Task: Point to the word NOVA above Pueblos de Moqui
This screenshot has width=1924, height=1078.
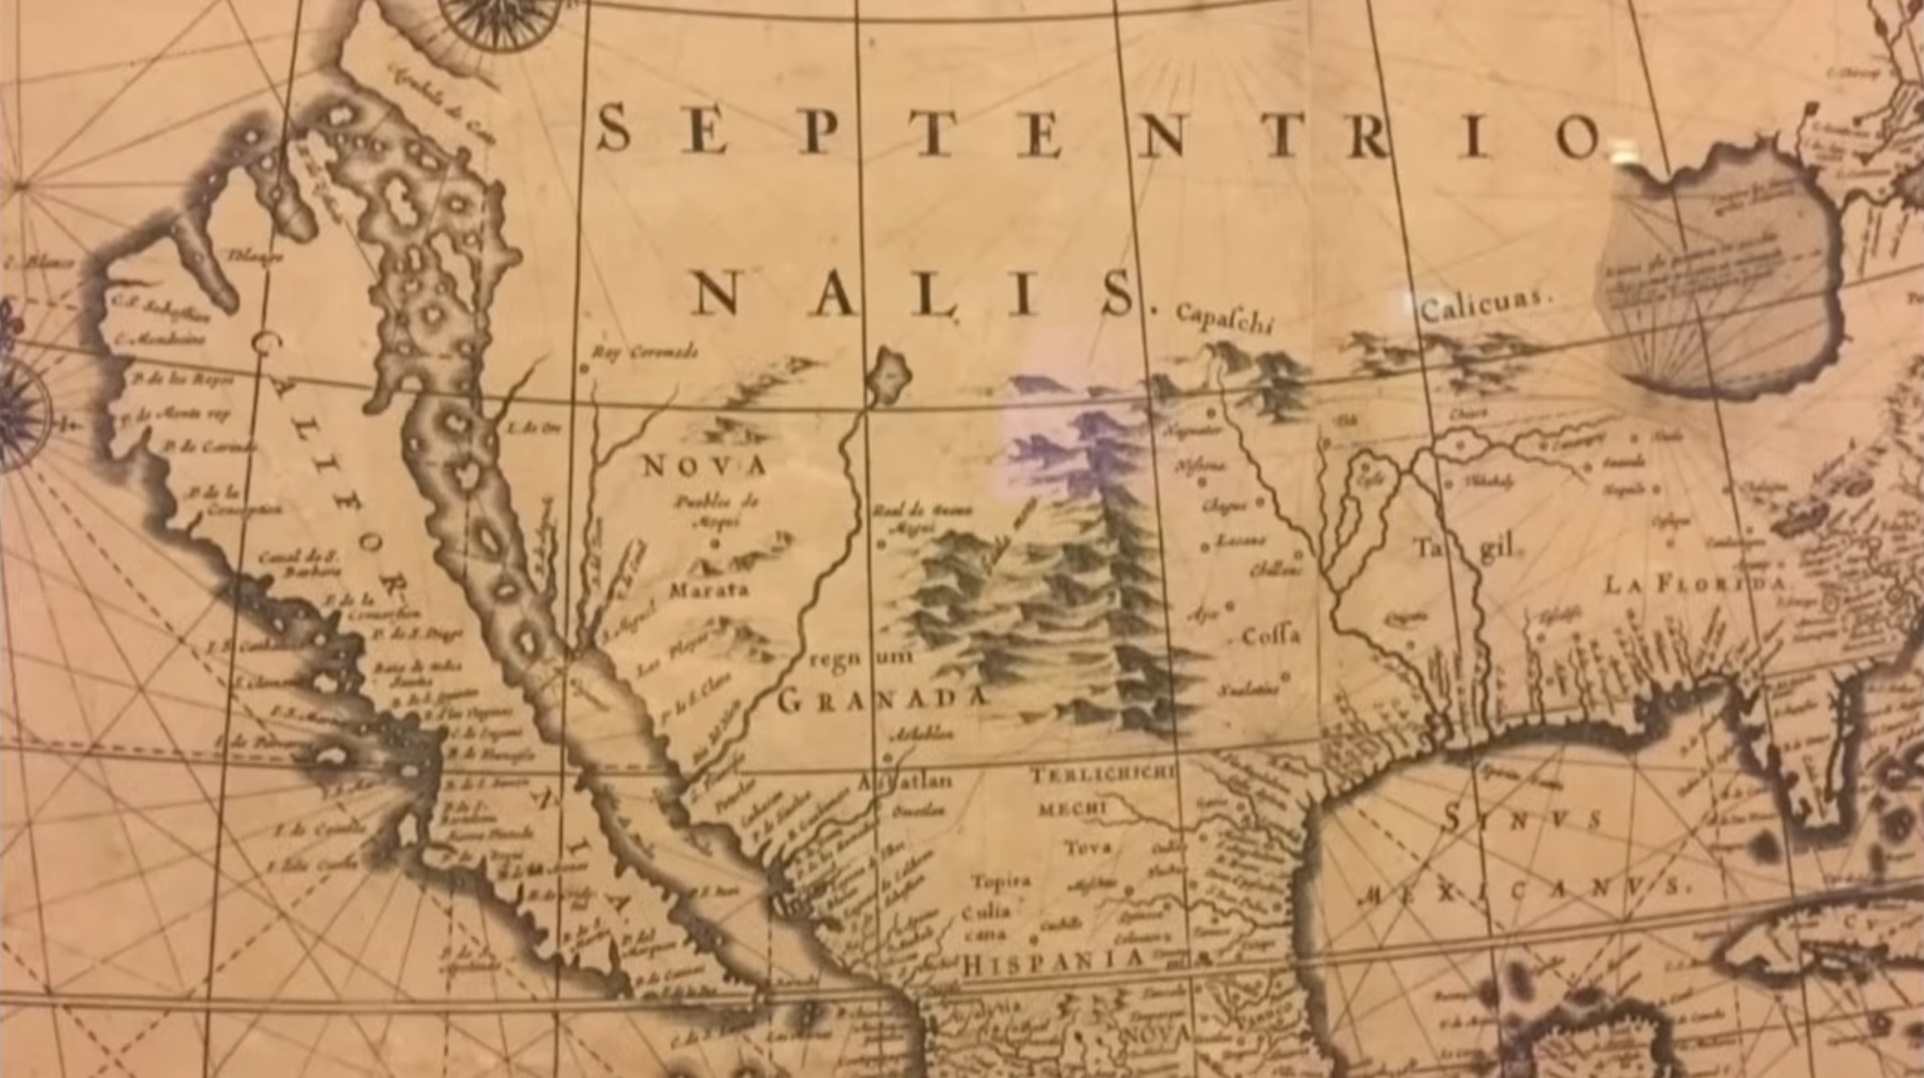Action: pos(704,468)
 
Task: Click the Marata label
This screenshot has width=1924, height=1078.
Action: pos(709,590)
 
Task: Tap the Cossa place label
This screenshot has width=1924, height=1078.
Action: pos(1269,636)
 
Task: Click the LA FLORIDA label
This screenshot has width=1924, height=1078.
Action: pos(1695,584)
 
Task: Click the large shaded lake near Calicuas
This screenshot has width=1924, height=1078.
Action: pos(1721,278)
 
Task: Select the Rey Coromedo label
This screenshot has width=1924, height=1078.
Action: pos(645,352)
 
